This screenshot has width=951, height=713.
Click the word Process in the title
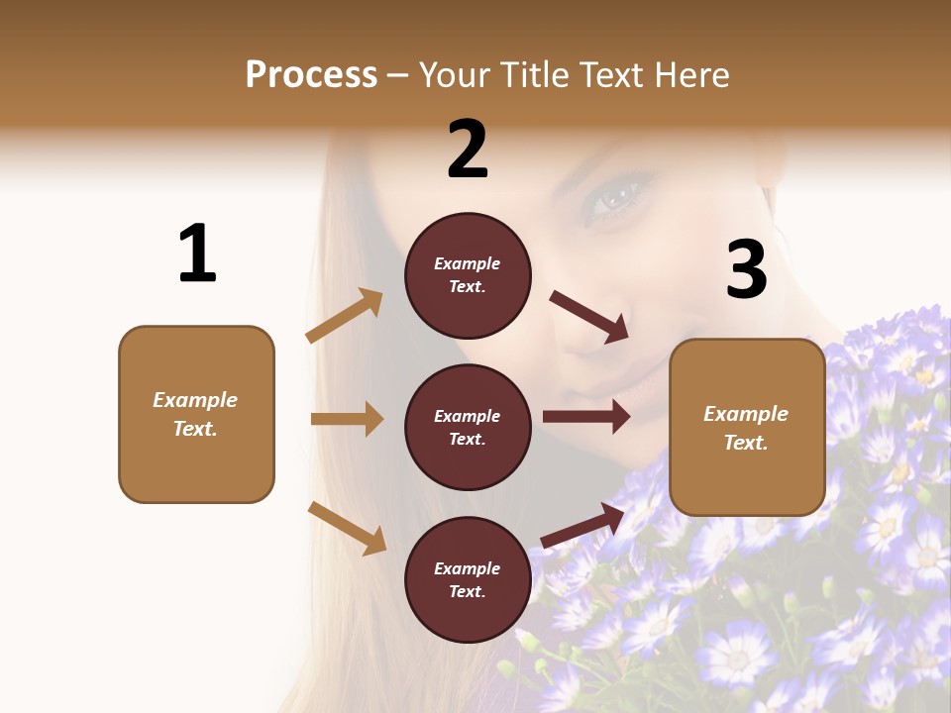pos(311,75)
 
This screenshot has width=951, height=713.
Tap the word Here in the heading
pos(688,75)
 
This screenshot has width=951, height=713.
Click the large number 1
pos(197,254)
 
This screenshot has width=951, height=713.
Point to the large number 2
pos(468,150)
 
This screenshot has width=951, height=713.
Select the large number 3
pos(746,269)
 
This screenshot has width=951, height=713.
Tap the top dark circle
pos(468,275)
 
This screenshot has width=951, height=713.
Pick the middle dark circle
pos(468,427)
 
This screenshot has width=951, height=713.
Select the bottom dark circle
pos(468,579)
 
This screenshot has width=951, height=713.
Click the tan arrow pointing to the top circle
pos(345,316)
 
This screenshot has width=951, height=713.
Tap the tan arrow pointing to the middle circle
pos(347,419)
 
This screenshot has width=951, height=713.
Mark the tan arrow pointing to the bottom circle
pos(348,528)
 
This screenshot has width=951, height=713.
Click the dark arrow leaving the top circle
pos(589,316)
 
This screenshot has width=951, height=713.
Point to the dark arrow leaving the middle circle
pos(586,417)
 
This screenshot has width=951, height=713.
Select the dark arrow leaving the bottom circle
pos(582,525)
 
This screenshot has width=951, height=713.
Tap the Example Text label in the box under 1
pos(195,414)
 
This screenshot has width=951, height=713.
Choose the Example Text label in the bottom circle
pos(468,579)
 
